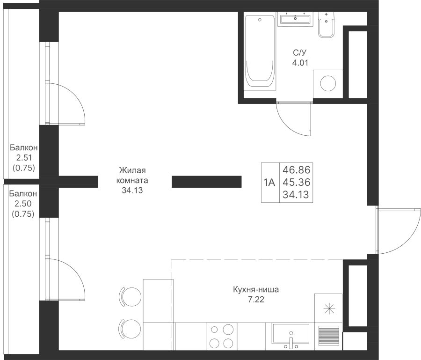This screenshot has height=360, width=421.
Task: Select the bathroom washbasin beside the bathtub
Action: pos(295,19)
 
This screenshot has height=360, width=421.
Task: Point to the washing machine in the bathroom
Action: pos(327,83)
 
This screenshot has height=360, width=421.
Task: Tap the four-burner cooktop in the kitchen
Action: pos(220,336)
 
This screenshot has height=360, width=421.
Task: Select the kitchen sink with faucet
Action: pos(290,335)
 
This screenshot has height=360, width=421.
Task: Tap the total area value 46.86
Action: pos(296,169)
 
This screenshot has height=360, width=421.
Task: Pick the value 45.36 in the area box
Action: pos(296,182)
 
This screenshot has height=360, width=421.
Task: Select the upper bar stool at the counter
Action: pos(131,295)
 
